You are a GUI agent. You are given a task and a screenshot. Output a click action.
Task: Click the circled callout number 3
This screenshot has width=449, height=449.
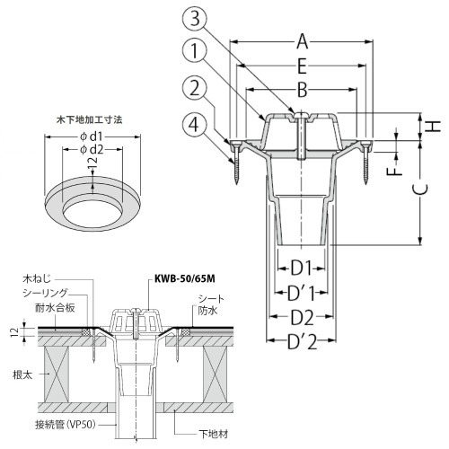click(195, 19)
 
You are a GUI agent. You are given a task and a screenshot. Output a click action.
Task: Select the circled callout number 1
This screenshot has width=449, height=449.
click(195, 50)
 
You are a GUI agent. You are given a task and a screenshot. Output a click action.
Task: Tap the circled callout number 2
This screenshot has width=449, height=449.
click(195, 88)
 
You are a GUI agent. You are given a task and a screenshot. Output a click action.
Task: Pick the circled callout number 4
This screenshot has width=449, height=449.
click(195, 124)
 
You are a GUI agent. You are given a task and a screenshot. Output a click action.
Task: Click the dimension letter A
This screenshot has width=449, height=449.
click(303, 41)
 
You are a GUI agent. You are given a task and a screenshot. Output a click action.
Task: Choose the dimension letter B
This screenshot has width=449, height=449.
click(303, 90)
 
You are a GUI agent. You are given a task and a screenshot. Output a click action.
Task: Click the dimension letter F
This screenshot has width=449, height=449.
click(397, 172)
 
